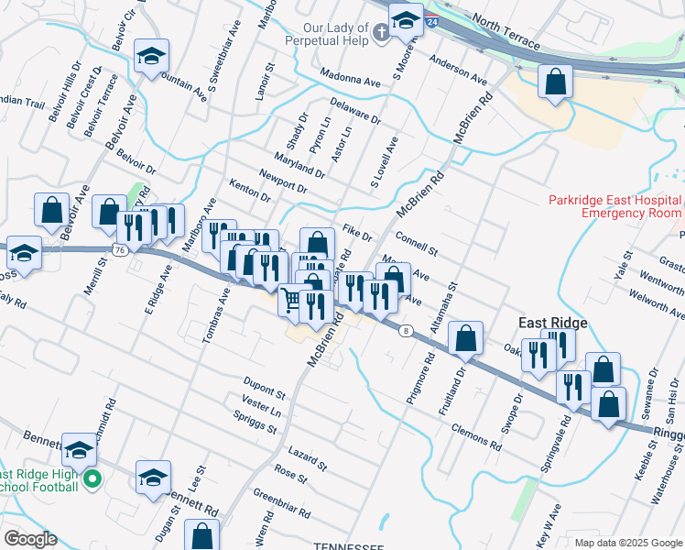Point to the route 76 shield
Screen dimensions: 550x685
120,249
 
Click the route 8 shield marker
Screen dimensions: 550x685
404,331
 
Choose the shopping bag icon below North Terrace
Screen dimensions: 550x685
555,82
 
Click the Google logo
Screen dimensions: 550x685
30,539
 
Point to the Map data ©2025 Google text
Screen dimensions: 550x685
628,543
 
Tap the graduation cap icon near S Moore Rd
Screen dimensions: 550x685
405,19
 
